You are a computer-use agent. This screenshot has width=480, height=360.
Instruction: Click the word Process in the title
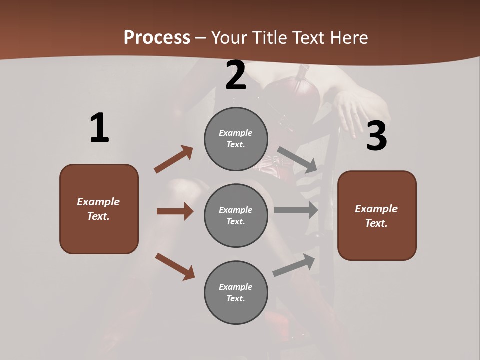pyautogui.click(x=157, y=38)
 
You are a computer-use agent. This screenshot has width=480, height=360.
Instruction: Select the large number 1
pyautogui.click(x=99, y=128)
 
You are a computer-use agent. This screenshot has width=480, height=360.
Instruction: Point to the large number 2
pyautogui.click(x=236, y=76)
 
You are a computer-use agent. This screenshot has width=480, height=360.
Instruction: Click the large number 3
pyautogui.click(x=376, y=136)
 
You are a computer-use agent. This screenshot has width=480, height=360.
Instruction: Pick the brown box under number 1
pyautogui.click(x=99, y=209)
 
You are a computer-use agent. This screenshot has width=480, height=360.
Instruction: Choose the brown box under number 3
pyautogui.click(x=377, y=215)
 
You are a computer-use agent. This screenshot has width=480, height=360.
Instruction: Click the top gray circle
pyautogui.click(x=236, y=139)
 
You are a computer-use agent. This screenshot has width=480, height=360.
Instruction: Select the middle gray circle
pyautogui.click(x=236, y=215)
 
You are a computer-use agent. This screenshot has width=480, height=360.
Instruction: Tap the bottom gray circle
pyautogui.click(x=236, y=292)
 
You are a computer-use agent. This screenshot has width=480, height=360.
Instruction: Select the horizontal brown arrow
pyautogui.click(x=175, y=211)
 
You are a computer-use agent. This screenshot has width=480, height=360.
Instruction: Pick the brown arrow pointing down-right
pyautogui.click(x=175, y=266)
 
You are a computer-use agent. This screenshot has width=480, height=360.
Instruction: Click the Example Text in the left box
pyautogui.click(x=98, y=209)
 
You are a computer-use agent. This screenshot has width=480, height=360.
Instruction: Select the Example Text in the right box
pyautogui.click(x=376, y=216)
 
